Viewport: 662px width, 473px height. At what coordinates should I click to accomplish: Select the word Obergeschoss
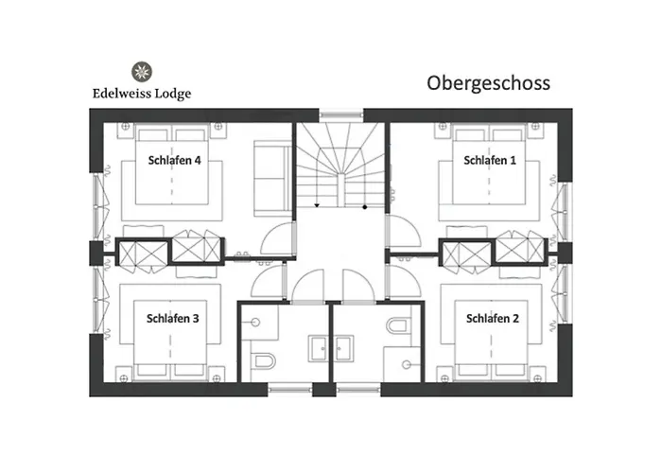point(488,83)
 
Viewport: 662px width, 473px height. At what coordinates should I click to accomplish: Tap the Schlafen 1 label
point(490,161)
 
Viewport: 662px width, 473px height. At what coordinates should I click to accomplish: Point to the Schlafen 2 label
point(492,318)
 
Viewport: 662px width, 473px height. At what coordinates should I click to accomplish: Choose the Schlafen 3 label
point(172,318)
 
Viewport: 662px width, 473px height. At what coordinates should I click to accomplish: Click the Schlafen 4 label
point(174,161)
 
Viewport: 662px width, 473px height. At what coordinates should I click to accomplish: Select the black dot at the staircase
point(366,204)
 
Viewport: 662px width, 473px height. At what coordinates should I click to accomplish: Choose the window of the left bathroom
point(289,388)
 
